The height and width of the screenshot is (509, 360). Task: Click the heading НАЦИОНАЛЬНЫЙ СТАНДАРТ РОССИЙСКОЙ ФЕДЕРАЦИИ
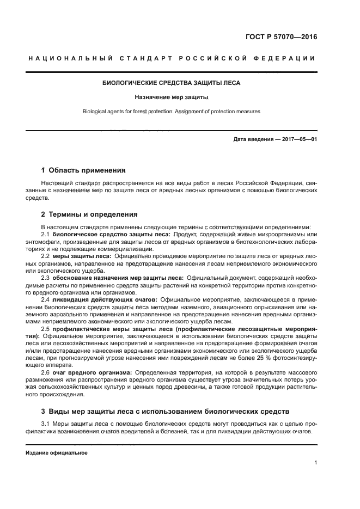click(171, 59)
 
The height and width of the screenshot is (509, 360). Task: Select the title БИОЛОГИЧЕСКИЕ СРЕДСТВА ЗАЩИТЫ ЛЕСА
click(171, 83)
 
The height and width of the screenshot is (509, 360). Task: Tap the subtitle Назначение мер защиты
click(171, 97)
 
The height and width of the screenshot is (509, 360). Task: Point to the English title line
click(171, 111)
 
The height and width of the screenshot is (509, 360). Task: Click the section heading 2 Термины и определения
click(89, 214)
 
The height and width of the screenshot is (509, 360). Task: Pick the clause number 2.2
click(46, 255)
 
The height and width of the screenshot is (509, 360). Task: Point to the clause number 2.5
click(46, 329)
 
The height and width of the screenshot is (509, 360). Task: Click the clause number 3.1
click(46, 424)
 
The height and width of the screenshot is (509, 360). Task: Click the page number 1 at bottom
click(315, 463)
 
